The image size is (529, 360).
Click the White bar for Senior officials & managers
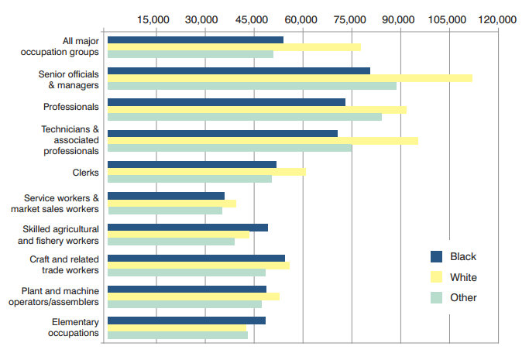[290, 78]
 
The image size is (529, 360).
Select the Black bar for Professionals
[226, 102]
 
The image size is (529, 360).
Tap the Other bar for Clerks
[190, 179]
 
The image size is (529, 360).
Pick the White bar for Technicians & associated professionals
[263, 141]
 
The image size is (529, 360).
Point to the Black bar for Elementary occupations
[187, 320]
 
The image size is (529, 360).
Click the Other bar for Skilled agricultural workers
[171, 242]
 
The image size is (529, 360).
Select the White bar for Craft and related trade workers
[198, 265]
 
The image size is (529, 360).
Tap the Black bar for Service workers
[166, 196]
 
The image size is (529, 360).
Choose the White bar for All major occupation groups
[234, 47]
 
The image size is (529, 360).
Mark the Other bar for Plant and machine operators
[184, 303]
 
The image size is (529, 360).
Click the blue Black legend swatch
[436, 257]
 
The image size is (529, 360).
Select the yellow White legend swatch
[436, 277]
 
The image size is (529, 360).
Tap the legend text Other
[463, 297]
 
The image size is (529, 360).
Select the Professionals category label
[72, 106]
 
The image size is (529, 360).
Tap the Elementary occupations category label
[75, 327]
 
